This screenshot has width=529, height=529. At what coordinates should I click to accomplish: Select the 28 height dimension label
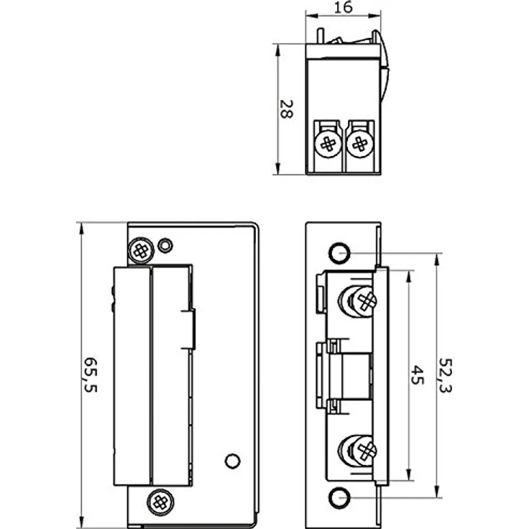286,109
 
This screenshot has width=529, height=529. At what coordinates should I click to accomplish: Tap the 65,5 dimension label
91,374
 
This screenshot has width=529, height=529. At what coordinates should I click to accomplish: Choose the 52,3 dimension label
446,374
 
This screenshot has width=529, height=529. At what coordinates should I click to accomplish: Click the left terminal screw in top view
328,144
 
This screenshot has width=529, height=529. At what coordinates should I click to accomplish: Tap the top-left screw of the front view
140,249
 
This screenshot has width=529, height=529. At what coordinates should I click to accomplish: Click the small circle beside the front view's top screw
165,245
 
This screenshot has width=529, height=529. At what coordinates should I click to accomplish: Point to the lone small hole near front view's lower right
231,461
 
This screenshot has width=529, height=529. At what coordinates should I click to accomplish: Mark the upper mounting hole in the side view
338,252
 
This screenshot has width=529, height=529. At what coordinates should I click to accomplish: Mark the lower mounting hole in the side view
338,497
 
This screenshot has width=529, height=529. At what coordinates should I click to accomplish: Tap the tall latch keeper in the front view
132,375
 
